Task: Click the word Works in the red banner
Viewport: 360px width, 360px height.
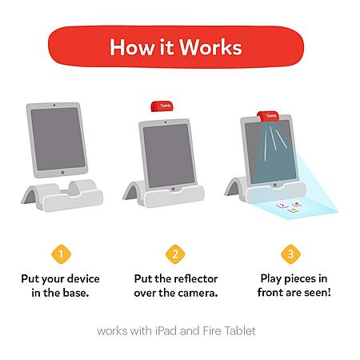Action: (210, 47)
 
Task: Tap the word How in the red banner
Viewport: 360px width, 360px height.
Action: (132, 47)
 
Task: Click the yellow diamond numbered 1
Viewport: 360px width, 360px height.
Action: (61, 254)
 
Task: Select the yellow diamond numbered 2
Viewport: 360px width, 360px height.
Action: (175, 254)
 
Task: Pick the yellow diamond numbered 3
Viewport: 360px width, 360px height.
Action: (290, 254)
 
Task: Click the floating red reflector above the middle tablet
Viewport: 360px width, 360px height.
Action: (162, 106)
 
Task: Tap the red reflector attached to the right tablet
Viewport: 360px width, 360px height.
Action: (268, 117)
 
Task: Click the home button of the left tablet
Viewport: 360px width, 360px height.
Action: (62, 173)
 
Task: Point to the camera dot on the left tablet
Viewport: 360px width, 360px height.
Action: (54, 106)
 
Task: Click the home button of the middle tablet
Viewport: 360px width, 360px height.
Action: (173, 189)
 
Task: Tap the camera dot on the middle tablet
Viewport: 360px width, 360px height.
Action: (166, 122)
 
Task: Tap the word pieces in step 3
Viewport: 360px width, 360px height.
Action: (300, 279)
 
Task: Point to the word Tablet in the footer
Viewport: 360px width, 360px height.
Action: (240, 331)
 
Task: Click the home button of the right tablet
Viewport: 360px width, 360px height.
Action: (274, 185)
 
